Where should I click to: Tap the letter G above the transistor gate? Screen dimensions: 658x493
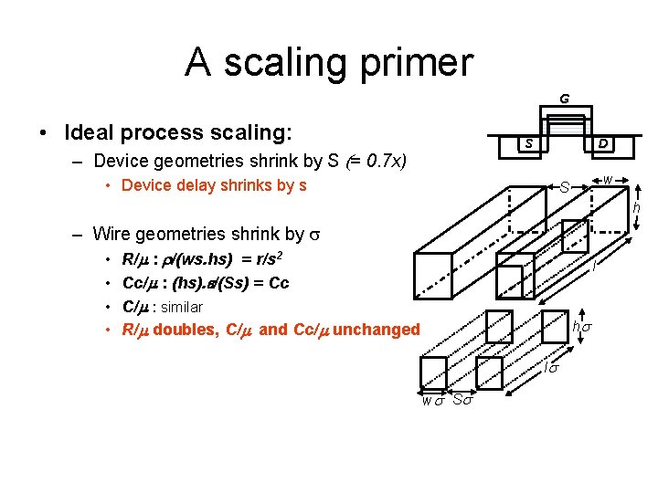click(x=565, y=98)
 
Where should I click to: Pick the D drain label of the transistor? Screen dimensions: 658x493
click(x=604, y=144)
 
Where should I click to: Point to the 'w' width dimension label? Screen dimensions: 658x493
click(x=608, y=180)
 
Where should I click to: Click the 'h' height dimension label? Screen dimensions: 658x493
click(x=637, y=209)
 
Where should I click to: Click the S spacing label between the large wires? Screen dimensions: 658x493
click(x=565, y=187)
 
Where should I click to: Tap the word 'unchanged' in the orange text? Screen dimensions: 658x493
click(x=377, y=329)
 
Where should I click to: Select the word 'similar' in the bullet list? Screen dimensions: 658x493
click(x=181, y=307)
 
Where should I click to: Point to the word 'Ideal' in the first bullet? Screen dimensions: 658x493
click(x=92, y=132)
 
